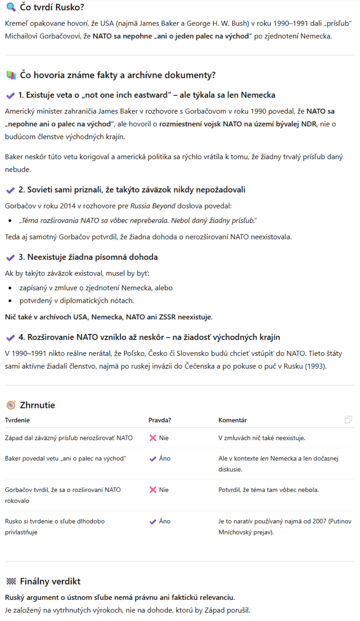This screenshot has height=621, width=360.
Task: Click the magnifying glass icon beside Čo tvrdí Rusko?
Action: (x=11, y=7)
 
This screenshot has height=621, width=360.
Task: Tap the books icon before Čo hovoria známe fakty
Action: (x=11, y=75)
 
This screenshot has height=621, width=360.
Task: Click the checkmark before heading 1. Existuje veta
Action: (x=10, y=95)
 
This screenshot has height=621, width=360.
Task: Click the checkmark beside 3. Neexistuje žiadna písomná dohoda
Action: (x=10, y=258)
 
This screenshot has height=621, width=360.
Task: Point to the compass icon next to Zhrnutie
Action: (x=11, y=405)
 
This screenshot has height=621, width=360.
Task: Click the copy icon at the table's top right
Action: (x=348, y=420)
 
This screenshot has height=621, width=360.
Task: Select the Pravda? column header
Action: (x=160, y=420)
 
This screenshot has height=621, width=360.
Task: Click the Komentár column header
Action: (x=232, y=420)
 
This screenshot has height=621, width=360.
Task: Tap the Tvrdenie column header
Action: (x=17, y=420)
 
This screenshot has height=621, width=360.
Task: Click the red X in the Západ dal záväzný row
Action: (x=153, y=438)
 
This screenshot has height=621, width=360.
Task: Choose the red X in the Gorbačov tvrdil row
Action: (x=153, y=490)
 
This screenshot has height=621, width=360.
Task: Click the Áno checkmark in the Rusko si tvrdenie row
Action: (x=153, y=522)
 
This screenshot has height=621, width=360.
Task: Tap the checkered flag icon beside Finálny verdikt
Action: (x=11, y=581)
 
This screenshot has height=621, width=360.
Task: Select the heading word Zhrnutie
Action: (x=37, y=405)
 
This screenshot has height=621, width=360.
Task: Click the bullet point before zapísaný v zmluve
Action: (x=10, y=288)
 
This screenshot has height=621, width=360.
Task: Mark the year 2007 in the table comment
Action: (x=319, y=521)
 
